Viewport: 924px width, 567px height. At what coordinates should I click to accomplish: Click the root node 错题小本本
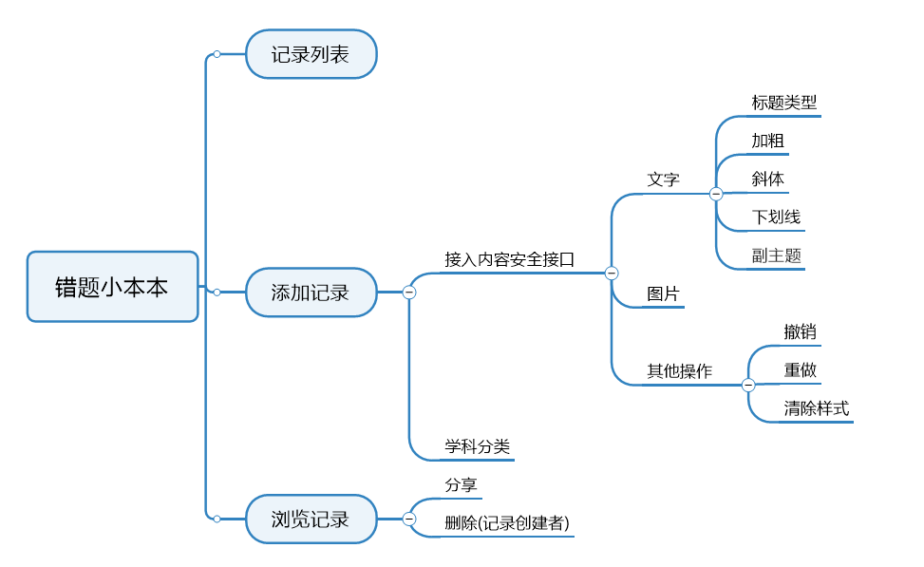tap(112, 287)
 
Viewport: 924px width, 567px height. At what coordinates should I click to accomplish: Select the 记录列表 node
tap(311, 54)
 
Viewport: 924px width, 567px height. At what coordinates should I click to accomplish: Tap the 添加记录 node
tap(311, 293)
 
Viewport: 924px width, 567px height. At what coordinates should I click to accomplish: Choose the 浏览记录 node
tap(311, 520)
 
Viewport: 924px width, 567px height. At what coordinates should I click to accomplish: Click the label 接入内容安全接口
tap(510, 259)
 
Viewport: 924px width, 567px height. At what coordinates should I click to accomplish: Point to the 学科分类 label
tap(478, 446)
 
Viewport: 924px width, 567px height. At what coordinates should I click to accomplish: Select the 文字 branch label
tap(664, 180)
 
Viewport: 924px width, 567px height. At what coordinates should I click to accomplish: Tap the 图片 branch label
tap(664, 294)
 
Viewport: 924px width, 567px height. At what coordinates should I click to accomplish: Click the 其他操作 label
tap(680, 371)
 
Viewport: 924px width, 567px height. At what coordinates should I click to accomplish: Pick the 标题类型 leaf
tap(784, 103)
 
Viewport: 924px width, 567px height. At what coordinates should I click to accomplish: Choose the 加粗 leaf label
tap(768, 141)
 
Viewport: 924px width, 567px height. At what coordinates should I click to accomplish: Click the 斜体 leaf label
tap(768, 179)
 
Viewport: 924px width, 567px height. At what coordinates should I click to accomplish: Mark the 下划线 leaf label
tap(777, 217)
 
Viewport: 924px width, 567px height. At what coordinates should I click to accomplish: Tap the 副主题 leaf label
tap(777, 255)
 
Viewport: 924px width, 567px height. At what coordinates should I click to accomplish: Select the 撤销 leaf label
tap(801, 332)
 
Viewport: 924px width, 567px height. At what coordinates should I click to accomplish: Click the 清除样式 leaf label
tap(817, 409)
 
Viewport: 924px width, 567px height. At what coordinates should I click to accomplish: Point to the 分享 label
tap(462, 485)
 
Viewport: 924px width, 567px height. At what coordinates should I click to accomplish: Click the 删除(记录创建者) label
tap(507, 523)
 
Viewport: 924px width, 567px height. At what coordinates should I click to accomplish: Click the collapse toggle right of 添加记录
tap(409, 293)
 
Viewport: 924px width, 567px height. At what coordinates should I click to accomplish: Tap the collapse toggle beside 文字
tap(716, 194)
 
